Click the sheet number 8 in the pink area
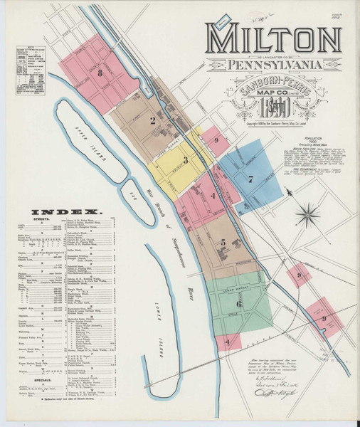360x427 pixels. click(101, 73)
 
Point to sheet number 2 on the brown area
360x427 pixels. click(152, 120)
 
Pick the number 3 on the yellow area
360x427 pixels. click(185, 160)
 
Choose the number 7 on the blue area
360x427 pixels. click(250, 179)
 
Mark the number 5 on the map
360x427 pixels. click(223, 243)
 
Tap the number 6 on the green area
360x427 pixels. click(229, 303)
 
